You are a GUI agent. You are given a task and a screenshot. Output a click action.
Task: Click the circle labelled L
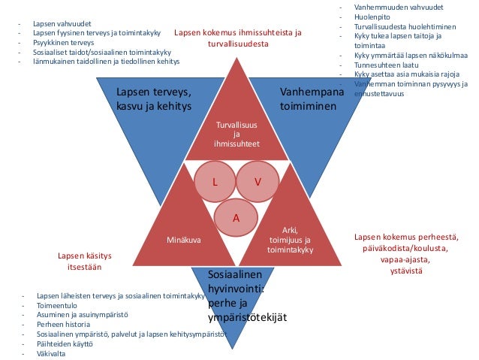coord(215,182)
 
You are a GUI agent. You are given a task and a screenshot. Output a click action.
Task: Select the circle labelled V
coord(258,182)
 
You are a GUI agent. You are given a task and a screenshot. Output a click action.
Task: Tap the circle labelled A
coord(235,218)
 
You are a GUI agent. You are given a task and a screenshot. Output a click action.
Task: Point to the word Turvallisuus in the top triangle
coord(236,124)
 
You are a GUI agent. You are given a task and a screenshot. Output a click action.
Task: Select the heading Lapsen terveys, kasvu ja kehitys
coord(153,99)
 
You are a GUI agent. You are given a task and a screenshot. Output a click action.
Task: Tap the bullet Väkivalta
coord(51,353)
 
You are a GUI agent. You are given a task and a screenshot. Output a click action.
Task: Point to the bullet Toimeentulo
coord(59,306)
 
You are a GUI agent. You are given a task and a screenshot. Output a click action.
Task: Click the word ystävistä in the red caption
coord(405,270)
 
